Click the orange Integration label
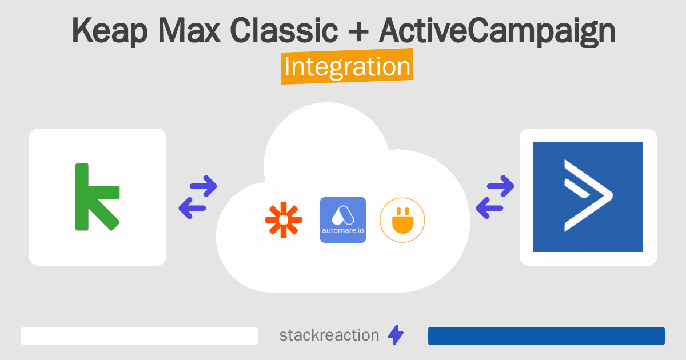pos(347,67)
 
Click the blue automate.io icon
pos(343,220)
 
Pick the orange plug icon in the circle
pos(402,220)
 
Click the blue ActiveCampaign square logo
pos(588,197)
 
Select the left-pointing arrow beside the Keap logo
pos(193,207)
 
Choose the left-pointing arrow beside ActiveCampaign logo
pos(490,208)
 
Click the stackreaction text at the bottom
pos(329,335)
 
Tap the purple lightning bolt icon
pos(396,335)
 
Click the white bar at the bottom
pos(139,336)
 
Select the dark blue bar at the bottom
pos(546,336)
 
